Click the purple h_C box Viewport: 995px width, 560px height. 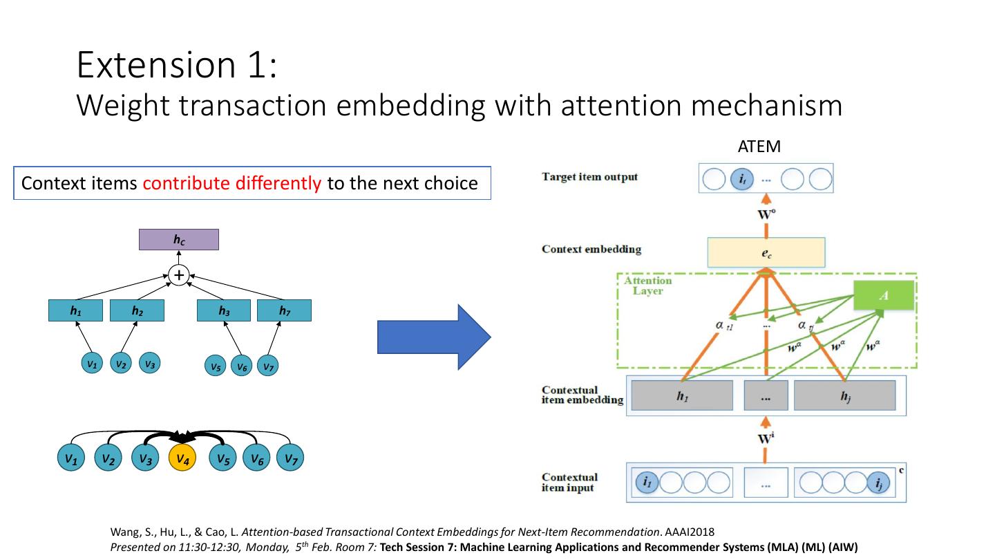pyautogui.click(x=179, y=240)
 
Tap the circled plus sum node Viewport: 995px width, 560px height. pyautogui.click(x=179, y=275)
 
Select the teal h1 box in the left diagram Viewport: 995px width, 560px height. pyautogui.click(x=75, y=311)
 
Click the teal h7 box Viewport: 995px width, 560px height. pyautogui.click(x=284, y=311)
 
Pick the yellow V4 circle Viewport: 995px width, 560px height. pyautogui.click(x=182, y=458)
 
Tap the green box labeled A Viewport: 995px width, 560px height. pyautogui.click(x=884, y=296)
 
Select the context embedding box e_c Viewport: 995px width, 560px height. pyautogui.click(x=766, y=253)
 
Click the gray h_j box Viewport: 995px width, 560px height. pyautogui.click(x=844, y=396)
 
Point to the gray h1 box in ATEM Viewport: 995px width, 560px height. pyautogui.click(x=682, y=396)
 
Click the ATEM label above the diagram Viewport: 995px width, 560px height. pyautogui.click(x=759, y=147)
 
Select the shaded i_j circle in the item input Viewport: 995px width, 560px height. pyautogui.click(x=878, y=483)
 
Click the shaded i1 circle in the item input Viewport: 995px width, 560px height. pyautogui.click(x=647, y=483)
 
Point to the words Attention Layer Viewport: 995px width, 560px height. pyautogui.click(x=647, y=286)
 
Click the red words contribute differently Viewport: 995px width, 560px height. pyautogui.click(x=232, y=183)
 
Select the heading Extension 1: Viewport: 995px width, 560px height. pyautogui.click(x=177, y=64)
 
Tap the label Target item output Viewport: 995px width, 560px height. pyautogui.click(x=589, y=177)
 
